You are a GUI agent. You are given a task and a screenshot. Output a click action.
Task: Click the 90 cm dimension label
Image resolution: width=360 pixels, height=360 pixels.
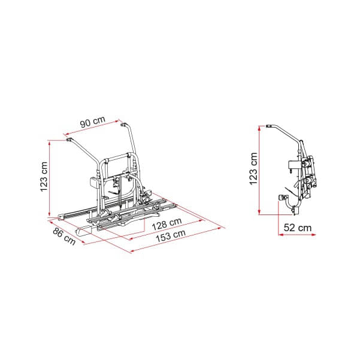[93, 122]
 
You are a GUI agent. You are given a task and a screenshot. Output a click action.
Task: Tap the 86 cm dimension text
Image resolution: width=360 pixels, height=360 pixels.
[64, 236]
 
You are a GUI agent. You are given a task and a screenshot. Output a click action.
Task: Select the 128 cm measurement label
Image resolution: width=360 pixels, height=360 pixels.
[167, 224]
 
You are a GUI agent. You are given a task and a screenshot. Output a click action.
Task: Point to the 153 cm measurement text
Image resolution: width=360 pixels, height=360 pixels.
[171, 236]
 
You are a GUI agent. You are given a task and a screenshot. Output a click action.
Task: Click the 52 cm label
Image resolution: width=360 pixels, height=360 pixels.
[298, 228]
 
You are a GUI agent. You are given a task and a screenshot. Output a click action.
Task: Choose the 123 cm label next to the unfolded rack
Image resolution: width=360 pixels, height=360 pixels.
[44, 176]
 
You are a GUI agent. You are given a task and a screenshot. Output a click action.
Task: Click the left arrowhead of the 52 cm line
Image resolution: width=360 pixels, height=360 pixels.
[280, 235]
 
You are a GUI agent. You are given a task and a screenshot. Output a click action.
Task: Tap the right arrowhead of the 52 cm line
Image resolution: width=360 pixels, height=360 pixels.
[314, 235]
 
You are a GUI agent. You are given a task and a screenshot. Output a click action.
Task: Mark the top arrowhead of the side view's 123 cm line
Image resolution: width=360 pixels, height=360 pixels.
[259, 128]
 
